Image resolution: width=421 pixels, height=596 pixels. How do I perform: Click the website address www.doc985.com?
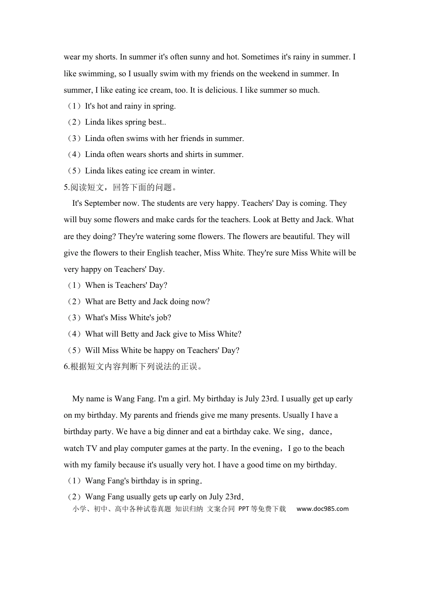pyautogui.click(x=322, y=509)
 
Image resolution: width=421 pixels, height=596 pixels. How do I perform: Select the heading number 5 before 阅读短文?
pyautogui.click(x=66, y=187)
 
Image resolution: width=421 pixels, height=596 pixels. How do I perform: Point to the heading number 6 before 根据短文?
pyautogui.click(x=66, y=366)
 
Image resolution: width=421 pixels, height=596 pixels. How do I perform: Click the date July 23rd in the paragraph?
pyautogui.click(x=261, y=399)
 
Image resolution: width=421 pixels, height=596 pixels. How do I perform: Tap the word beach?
pyautogui.click(x=335, y=448)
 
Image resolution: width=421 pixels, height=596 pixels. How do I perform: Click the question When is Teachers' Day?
pyautogui.click(x=126, y=285)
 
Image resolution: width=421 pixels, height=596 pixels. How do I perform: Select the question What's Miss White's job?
pyautogui.click(x=128, y=318)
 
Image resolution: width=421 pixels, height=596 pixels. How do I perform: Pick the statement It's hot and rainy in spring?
pyautogui.click(x=130, y=106)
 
